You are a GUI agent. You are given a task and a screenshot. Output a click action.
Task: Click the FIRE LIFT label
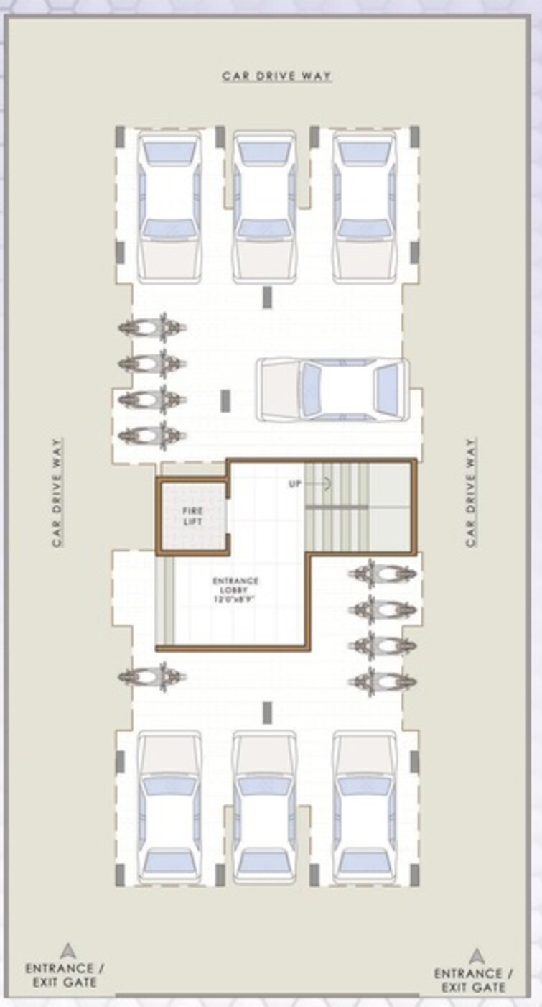[x=192, y=515]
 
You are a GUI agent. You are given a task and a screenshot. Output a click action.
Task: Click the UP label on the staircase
[x=295, y=484]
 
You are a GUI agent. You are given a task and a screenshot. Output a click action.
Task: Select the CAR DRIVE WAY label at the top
[x=276, y=75]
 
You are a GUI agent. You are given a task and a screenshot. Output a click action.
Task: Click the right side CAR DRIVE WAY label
[x=471, y=492]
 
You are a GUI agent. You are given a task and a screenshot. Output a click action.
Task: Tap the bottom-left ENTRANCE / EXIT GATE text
[x=61, y=975]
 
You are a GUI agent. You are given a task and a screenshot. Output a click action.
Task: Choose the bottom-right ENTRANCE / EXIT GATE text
[x=473, y=980]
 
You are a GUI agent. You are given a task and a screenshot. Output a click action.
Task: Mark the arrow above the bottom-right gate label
[x=476, y=955]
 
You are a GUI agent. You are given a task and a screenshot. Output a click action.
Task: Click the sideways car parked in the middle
[x=333, y=390]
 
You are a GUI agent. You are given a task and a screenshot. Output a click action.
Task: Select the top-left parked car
[x=169, y=207]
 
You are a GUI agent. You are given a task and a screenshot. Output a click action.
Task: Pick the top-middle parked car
[x=265, y=207]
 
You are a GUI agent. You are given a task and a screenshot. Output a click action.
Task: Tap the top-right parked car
[x=365, y=207]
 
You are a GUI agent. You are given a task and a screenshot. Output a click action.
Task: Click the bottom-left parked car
[x=169, y=809]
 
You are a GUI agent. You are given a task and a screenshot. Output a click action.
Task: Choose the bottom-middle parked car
[x=265, y=809]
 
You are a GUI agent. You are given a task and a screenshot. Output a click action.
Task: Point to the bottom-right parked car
[x=365, y=809]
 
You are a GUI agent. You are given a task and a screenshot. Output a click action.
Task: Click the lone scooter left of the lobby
[x=152, y=676]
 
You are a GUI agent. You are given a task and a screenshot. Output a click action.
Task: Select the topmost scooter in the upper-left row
[x=152, y=328]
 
